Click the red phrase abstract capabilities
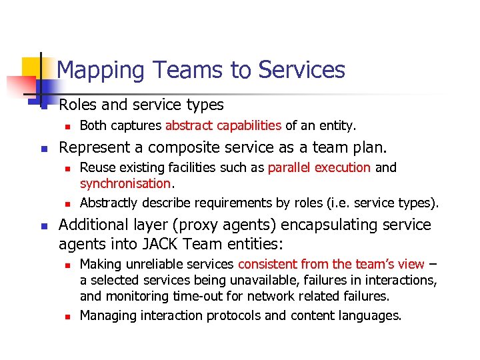(x=223, y=125)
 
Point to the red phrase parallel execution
(x=319, y=167)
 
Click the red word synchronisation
(x=125, y=183)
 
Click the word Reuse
(x=96, y=167)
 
